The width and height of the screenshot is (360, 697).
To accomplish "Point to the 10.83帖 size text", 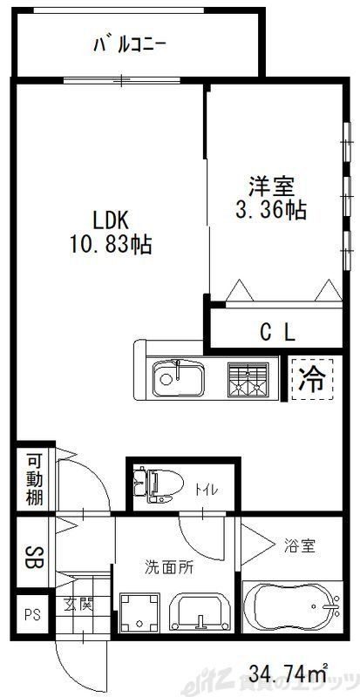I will [x=111, y=245].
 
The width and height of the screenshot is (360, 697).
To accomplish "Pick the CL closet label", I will [x=278, y=331].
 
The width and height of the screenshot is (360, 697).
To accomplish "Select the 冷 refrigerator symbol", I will [x=310, y=378].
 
